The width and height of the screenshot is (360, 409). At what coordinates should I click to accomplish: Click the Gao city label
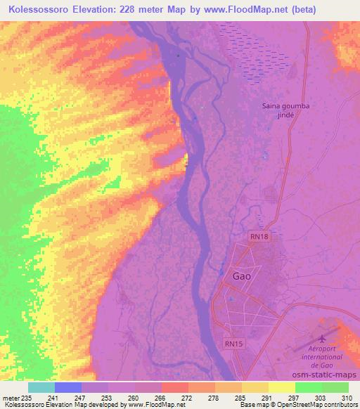(242, 276)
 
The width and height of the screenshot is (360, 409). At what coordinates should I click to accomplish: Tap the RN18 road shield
(257, 238)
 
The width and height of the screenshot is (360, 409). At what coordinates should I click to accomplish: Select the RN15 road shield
(234, 344)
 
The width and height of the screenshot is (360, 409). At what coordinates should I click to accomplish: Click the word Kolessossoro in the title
(40, 10)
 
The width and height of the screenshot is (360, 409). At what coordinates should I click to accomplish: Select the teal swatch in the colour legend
(41, 387)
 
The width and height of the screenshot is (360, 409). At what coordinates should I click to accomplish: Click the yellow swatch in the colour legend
(282, 387)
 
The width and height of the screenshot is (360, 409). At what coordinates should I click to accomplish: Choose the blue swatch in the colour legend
(68, 387)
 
